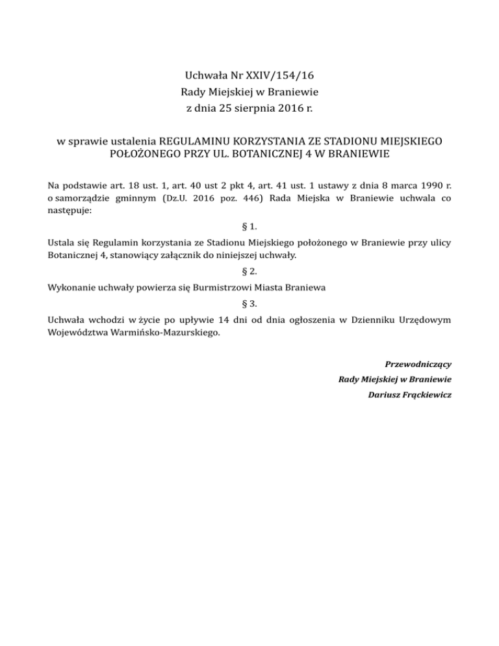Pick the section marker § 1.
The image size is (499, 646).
pyautogui.click(x=249, y=226)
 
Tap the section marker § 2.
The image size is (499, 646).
pyautogui.click(x=249, y=271)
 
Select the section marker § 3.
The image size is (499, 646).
pyautogui.click(x=249, y=302)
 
